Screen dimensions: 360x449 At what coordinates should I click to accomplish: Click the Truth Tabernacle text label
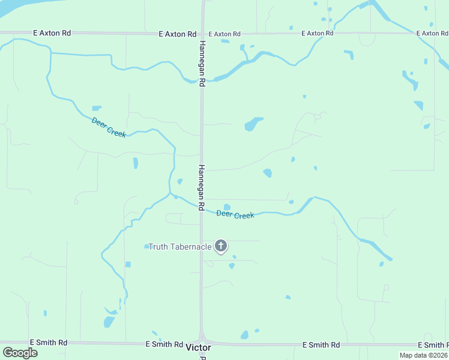[x=180, y=247]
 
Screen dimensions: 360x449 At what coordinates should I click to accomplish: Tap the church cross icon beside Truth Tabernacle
[x=221, y=245]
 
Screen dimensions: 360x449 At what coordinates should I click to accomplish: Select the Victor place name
[x=199, y=347]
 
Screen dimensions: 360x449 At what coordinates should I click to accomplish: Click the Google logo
[x=20, y=353]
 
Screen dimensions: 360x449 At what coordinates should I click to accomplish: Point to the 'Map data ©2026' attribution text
[x=423, y=355]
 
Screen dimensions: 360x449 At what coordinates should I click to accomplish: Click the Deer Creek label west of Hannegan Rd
[x=109, y=127]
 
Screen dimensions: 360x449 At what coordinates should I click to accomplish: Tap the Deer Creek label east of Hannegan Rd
[x=235, y=214]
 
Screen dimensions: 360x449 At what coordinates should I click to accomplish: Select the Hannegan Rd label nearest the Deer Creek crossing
[x=202, y=186]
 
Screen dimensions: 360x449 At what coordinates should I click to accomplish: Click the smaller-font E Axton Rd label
[x=221, y=34]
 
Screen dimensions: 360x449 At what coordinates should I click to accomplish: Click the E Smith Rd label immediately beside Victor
[x=164, y=344]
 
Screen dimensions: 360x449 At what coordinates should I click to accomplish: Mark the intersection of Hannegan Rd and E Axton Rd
[x=202, y=33]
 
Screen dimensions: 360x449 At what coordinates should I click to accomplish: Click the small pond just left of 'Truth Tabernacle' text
[x=146, y=247]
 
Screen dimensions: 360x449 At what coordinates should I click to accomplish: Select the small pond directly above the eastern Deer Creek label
[x=227, y=207]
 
